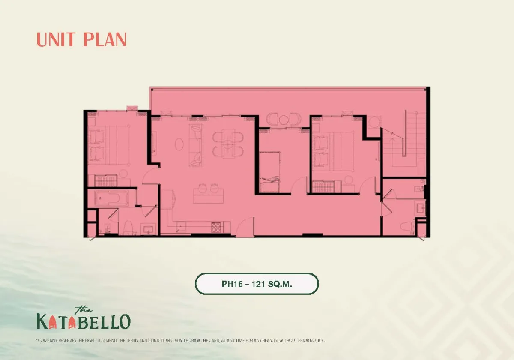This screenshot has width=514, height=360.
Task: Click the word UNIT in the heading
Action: click(x=56, y=39)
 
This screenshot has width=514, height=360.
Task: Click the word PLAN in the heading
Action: click(x=105, y=39)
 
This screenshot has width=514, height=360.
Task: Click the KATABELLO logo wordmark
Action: click(x=83, y=321)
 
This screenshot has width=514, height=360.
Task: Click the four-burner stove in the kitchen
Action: click(x=216, y=227)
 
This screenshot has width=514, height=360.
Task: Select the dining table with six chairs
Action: click(x=228, y=144)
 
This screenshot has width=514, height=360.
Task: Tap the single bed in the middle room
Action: click(x=269, y=171)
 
